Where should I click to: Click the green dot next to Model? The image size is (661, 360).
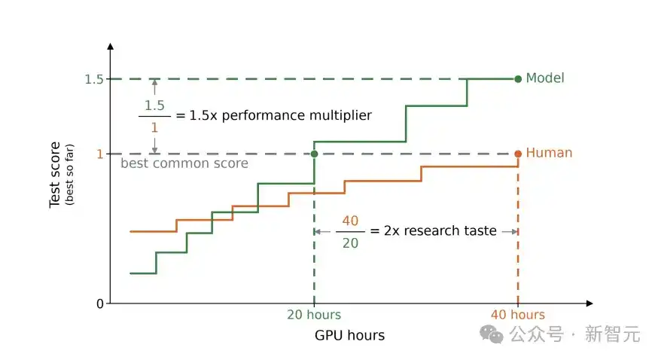[518, 79]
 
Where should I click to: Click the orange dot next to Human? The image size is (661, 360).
[518, 154]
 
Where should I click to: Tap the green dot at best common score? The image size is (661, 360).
[314, 154]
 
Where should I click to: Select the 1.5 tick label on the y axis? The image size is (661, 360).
[94, 79]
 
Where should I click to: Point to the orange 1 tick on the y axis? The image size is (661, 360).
[100, 154]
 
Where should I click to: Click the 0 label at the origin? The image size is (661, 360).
[100, 304]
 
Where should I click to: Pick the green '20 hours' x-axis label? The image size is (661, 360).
[314, 315]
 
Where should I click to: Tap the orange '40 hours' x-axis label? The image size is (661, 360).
[518, 315]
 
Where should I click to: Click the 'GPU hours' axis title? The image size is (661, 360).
[349, 335]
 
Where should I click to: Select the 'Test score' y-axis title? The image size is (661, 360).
[55, 175]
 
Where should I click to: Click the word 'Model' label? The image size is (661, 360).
[545, 78]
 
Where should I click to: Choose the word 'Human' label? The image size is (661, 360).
[550, 153]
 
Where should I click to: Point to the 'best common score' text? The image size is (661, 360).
[184, 163]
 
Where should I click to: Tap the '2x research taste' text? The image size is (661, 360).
[440, 230]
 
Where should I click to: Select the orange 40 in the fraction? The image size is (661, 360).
[350, 221]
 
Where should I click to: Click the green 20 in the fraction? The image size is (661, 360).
[350, 243]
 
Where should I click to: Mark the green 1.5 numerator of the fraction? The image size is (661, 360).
[155, 105]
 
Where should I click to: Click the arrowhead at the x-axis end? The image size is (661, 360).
[589, 304]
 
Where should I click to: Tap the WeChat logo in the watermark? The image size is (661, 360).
[492, 334]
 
